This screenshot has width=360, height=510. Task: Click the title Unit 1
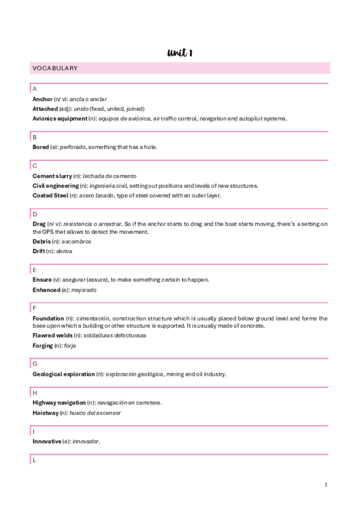(180, 54)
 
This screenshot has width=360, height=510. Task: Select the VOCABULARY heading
(55, 68)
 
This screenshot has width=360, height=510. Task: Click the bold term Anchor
(42, 99)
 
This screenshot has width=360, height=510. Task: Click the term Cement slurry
(52, 176)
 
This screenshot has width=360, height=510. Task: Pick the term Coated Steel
(50, 195)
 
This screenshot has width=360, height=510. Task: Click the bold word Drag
(39, 224)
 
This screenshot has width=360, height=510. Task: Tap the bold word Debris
(41, 241)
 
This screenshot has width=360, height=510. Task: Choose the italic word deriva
(64, 251)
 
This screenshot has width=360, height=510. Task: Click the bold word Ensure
(42, 280)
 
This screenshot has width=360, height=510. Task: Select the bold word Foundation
(48, 318)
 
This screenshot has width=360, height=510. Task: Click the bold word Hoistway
(46, 413)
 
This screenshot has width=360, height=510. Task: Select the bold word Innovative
(47, 441)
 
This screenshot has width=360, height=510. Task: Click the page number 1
(325, 485)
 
